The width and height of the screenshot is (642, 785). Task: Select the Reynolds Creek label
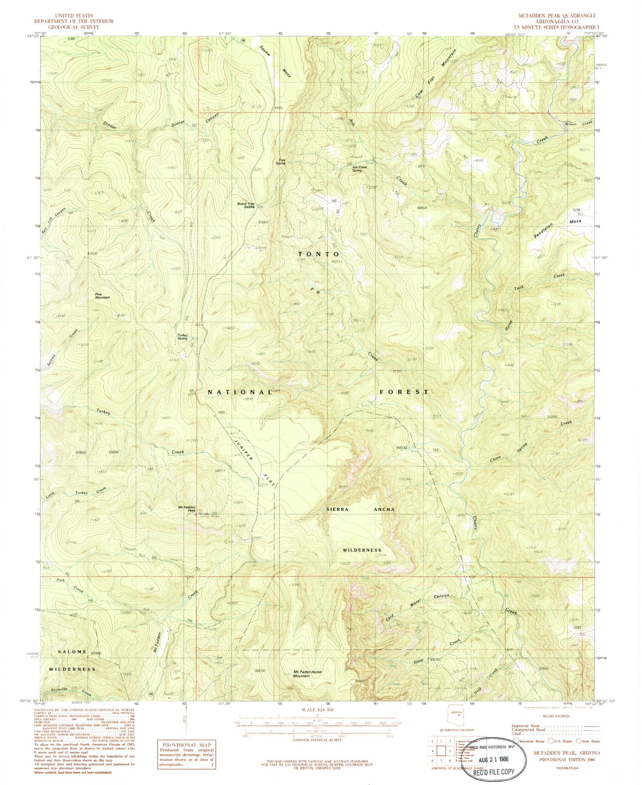(66, 691)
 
